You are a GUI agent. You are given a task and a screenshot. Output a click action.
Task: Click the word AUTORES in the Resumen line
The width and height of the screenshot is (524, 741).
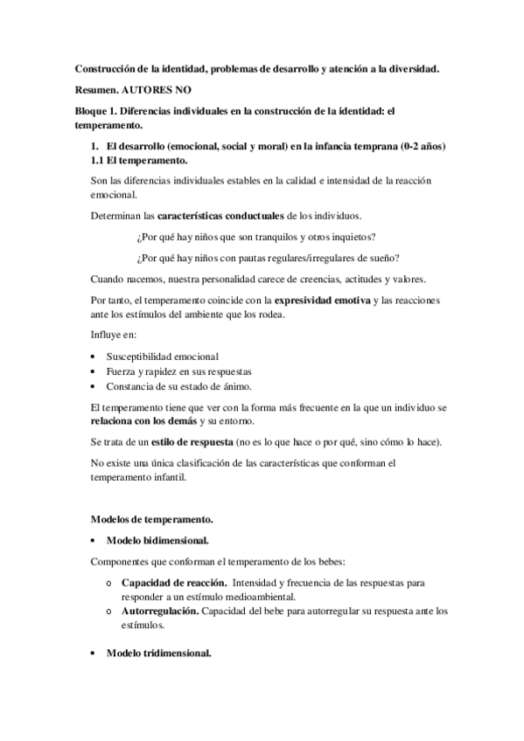(x=150, y=90)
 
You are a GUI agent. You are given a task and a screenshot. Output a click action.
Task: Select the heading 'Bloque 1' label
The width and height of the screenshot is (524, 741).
(x=94, y=112)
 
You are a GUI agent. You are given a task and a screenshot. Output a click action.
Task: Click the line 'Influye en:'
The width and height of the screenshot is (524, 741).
(x=113, y=336)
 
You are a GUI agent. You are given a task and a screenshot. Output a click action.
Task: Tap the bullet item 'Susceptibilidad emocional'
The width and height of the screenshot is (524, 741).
(x=162, y=357)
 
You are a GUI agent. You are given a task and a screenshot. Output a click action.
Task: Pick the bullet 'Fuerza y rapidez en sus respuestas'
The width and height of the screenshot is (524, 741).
(x=179, y=370)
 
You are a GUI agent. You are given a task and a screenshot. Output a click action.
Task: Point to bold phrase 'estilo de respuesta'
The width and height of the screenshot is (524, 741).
(x=184, y=442)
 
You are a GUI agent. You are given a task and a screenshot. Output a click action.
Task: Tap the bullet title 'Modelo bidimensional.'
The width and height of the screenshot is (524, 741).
(x=157, y=540)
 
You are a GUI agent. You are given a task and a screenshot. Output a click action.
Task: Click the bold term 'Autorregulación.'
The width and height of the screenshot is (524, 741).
(x=160, y=611)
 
